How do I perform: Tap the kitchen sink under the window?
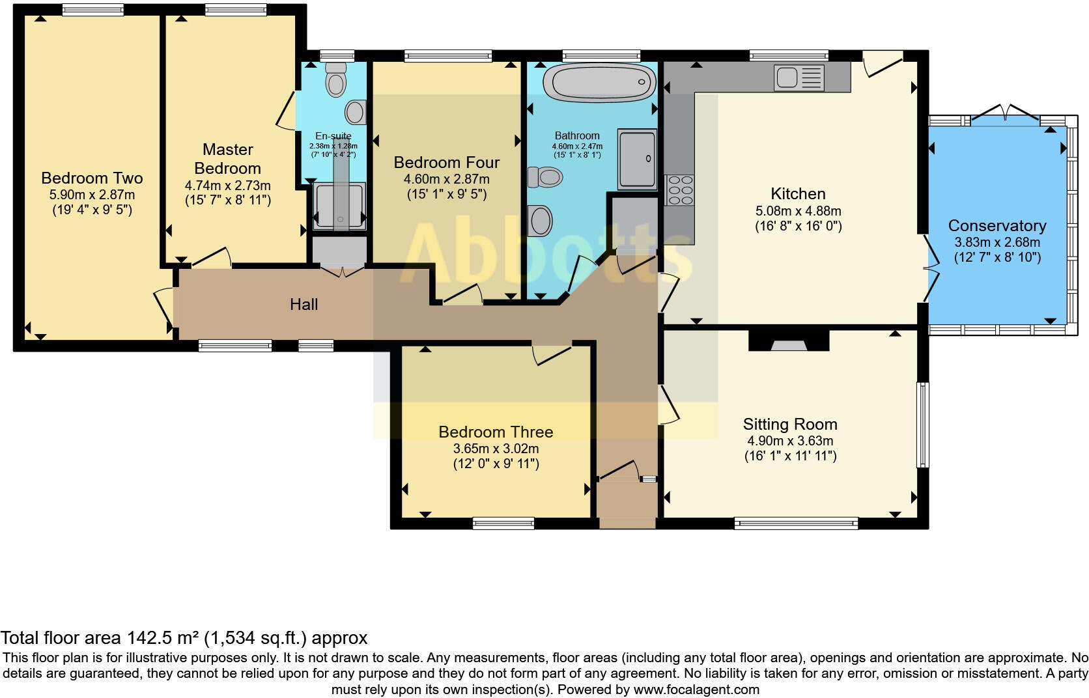pos(799,77)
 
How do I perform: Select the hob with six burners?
pos(680,189)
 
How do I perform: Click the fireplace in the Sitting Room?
pos(789,341)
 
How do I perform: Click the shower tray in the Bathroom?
pos(637,159)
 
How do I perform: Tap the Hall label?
pos(304,304)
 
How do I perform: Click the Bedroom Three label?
pos(496,432)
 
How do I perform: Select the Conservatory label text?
pos(997,225)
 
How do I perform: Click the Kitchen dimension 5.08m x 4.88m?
pos(799,211)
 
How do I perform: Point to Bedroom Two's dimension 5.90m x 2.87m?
pos(92,195)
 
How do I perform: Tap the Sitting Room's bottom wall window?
pos(796,523)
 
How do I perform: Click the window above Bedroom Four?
pos(447,57)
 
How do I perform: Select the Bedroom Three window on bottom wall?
pos(503,523)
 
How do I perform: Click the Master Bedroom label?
pos(227,158)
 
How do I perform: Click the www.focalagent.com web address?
pos(696,690)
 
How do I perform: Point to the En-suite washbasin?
pos(356,112)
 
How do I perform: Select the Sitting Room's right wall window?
pos(922,425)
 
